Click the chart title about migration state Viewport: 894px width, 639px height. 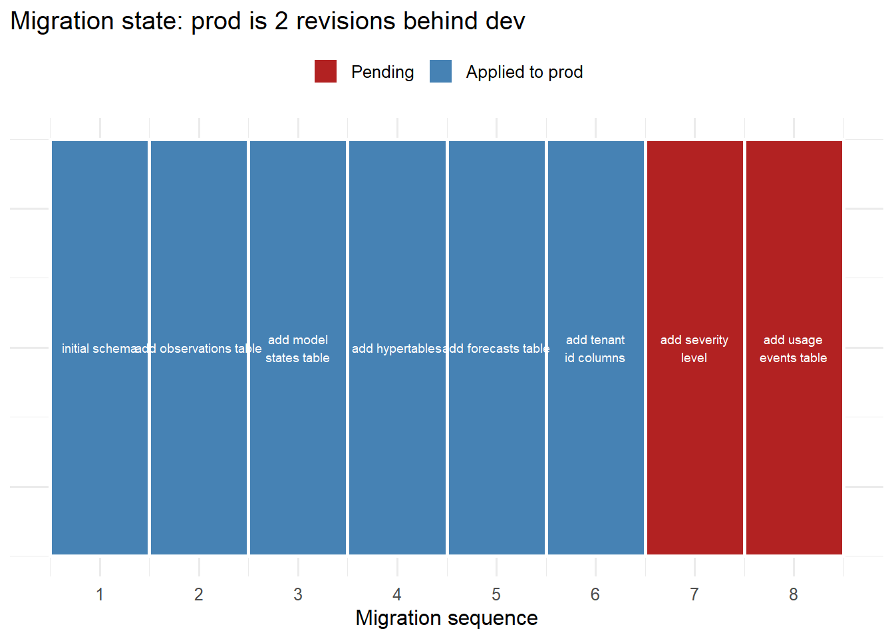(x=267, y=21)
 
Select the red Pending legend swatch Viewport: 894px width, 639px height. (x=325, y=71)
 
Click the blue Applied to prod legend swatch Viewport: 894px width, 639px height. (x=440, y=71)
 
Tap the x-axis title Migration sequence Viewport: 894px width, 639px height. (x=446, y=618)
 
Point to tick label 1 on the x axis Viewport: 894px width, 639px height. (x=100, y=594)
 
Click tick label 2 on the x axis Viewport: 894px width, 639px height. (x=199, y=594)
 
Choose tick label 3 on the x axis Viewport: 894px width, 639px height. (x=298, y=594)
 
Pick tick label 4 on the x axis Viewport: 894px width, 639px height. (x=397, y=594)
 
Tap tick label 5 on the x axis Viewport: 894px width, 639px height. (x=496, y=594)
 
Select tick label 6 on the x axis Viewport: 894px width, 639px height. (x=595, y=594)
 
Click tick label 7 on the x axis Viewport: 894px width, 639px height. (x=694, y=594)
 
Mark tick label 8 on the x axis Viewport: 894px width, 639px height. (x=794, y=594)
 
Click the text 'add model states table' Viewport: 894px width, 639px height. (x=298, y=349)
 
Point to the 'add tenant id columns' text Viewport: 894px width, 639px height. (x=595, y=349)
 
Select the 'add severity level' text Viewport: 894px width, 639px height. (x=694, y=349)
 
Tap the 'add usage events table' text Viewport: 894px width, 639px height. (x=794, y=349)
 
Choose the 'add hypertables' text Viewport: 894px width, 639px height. (x=396, y=349)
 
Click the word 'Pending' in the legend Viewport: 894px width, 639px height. (x=382, y=72)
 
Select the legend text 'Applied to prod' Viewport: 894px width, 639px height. (x=524, y=72)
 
